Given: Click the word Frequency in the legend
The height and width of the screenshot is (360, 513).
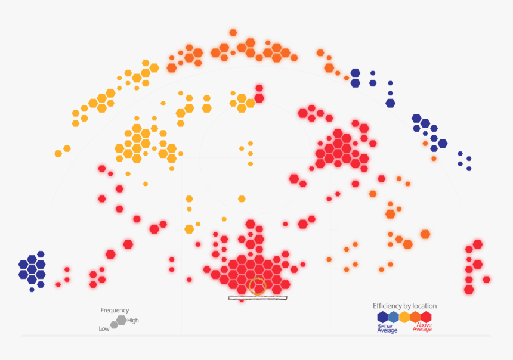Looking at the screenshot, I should [115, 311].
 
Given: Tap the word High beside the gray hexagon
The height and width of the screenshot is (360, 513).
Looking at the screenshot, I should [133, 321].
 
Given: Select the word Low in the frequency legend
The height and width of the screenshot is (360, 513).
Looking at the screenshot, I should [104, 329].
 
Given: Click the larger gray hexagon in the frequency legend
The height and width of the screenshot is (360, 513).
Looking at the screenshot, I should [121, 320].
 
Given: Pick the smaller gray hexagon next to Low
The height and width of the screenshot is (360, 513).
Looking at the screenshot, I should [114, 325].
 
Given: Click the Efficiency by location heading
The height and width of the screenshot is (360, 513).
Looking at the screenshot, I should [404, 306].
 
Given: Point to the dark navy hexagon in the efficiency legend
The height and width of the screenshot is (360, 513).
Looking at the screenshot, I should [382, 317].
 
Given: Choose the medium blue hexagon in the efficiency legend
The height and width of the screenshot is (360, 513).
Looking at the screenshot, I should [394, 317].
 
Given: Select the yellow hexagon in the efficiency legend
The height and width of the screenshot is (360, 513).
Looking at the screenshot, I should [404, 317].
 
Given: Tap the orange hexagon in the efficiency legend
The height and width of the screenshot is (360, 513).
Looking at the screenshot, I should [415, 317].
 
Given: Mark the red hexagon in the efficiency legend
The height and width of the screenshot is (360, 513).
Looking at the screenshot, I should [426, 317].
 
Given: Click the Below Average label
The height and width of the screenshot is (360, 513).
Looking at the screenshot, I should [387, 328].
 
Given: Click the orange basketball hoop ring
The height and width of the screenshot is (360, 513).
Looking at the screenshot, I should [258, 286].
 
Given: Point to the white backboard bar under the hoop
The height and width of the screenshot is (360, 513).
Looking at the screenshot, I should [258, 297].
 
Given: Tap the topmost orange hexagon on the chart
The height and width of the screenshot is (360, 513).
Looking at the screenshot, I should [233, 33].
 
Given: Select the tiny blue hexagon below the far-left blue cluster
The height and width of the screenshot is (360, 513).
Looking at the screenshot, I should [32, 290].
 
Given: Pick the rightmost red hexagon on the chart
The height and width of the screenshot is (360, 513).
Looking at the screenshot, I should [487, 280].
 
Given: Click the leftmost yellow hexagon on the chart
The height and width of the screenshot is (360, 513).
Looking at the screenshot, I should [58, 154].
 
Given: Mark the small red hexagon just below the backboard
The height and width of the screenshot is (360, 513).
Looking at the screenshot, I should [242, 300].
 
